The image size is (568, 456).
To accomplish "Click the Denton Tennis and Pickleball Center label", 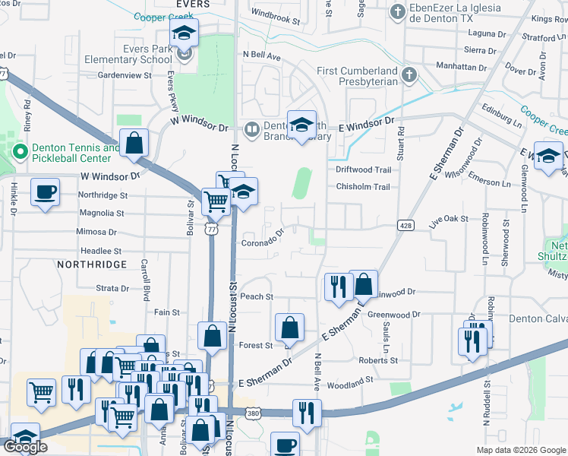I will click(x=71, y=153).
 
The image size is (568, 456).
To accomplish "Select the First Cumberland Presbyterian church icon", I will click(x=409, y=74).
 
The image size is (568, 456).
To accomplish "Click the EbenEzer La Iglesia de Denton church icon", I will click(x=397, y=12).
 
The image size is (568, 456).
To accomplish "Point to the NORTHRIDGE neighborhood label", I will click(x=90, y=264).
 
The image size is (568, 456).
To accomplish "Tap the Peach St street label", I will click(x=256, y=296).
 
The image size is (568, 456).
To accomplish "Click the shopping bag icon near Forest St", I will click(x=289, y=328).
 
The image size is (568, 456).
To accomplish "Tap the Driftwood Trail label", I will click(x=363, y=169).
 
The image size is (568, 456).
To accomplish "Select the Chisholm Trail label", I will click(x=363, y=187).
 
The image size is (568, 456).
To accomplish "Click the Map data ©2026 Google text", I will click(x=520, y=450).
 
